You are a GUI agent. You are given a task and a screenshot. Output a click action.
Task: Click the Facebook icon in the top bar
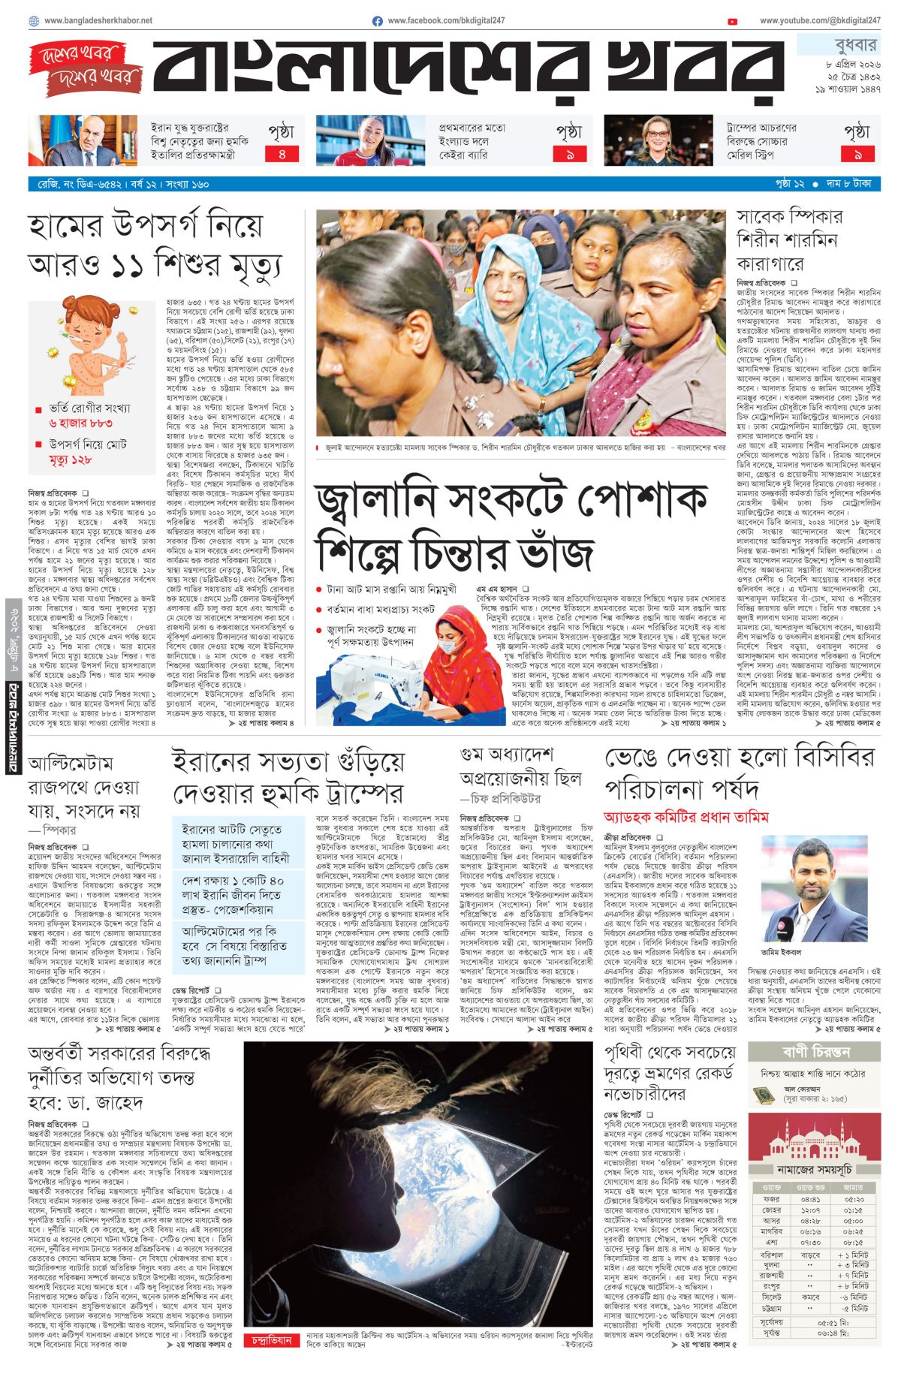378,21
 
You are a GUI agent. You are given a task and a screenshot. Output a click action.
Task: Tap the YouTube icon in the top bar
732,21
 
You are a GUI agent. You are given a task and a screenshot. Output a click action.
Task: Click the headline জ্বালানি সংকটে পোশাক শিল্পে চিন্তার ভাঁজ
511,527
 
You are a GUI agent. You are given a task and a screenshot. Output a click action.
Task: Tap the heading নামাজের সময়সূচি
813,1169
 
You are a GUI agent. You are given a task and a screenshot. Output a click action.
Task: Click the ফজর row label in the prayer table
771,1199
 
